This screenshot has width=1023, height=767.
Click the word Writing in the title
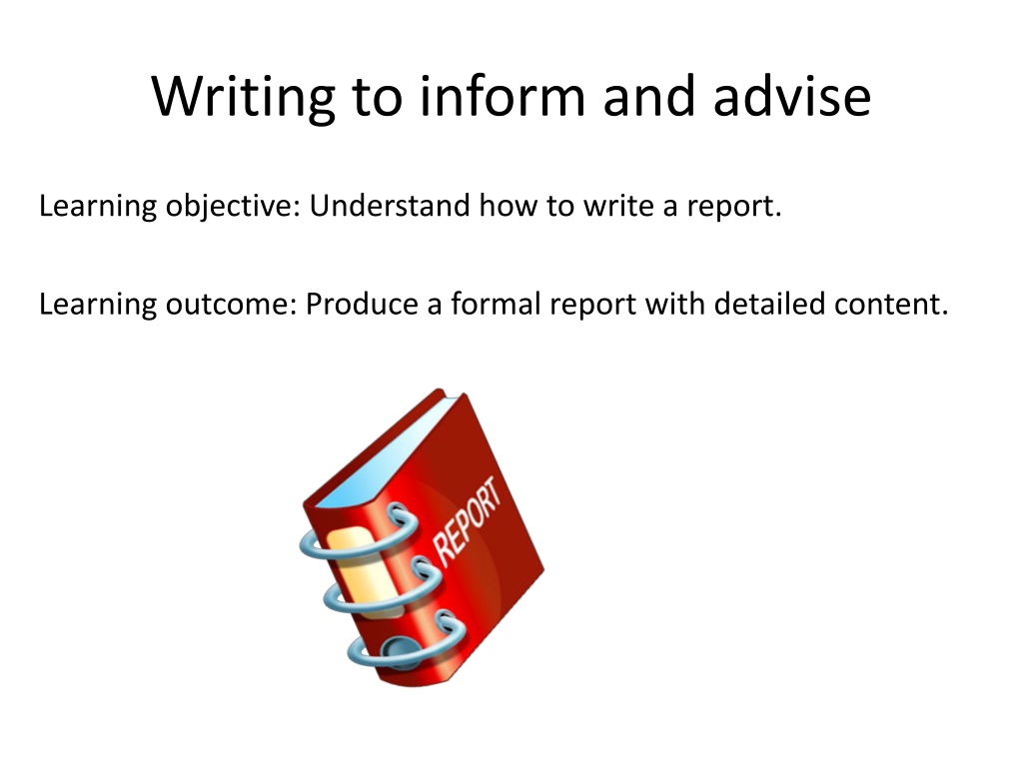(x=243, y=98)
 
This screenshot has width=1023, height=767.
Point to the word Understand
(x=390, y=206)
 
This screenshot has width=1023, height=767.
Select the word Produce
(x=362, y=304)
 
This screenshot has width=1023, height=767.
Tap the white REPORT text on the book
(x=468, y=521)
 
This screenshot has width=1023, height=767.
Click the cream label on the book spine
(x=363, y=571)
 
